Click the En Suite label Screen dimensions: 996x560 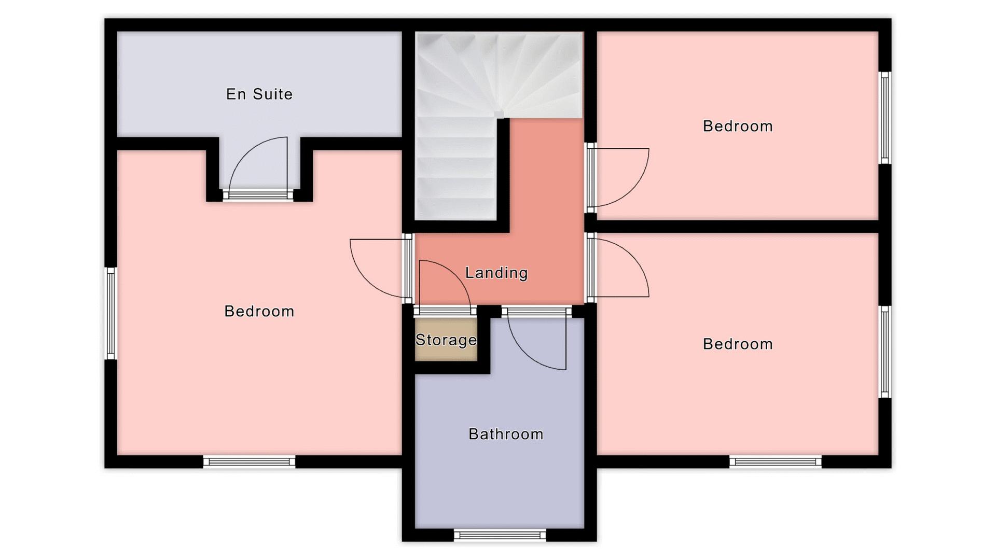click(259, 94)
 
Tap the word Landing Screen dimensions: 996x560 click(496, 273)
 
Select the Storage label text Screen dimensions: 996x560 click(446, 340)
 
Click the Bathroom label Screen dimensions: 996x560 click(506, 434)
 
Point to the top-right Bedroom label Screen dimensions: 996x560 click(738, 126)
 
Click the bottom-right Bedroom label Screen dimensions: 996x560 click(738, 344)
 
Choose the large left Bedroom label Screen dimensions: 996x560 click(259, 311)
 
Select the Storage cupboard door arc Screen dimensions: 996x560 click(457, 275)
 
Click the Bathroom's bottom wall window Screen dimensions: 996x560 click(500, 535)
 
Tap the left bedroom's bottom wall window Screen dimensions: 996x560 click(249, 462)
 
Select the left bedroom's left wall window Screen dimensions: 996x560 click(110, 313)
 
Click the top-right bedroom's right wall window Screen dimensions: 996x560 click(885, 118)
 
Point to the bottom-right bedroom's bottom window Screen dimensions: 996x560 click(776, 462)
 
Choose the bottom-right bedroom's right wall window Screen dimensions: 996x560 click(885, 352)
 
